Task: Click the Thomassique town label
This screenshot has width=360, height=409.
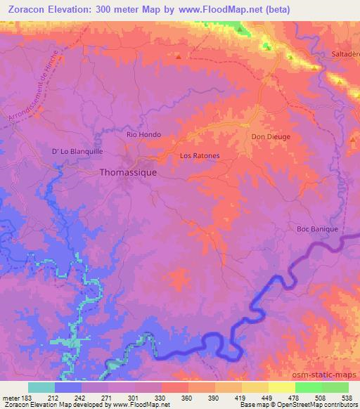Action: pos(129,171)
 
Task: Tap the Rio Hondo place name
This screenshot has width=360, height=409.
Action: pos(143,134)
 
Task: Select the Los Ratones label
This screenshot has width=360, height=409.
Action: pos(200,155)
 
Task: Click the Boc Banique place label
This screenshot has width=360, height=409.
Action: pos(318,229)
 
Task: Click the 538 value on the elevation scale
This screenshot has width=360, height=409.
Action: pos(347,398)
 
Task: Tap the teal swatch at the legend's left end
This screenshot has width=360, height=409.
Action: pos(41,387)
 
